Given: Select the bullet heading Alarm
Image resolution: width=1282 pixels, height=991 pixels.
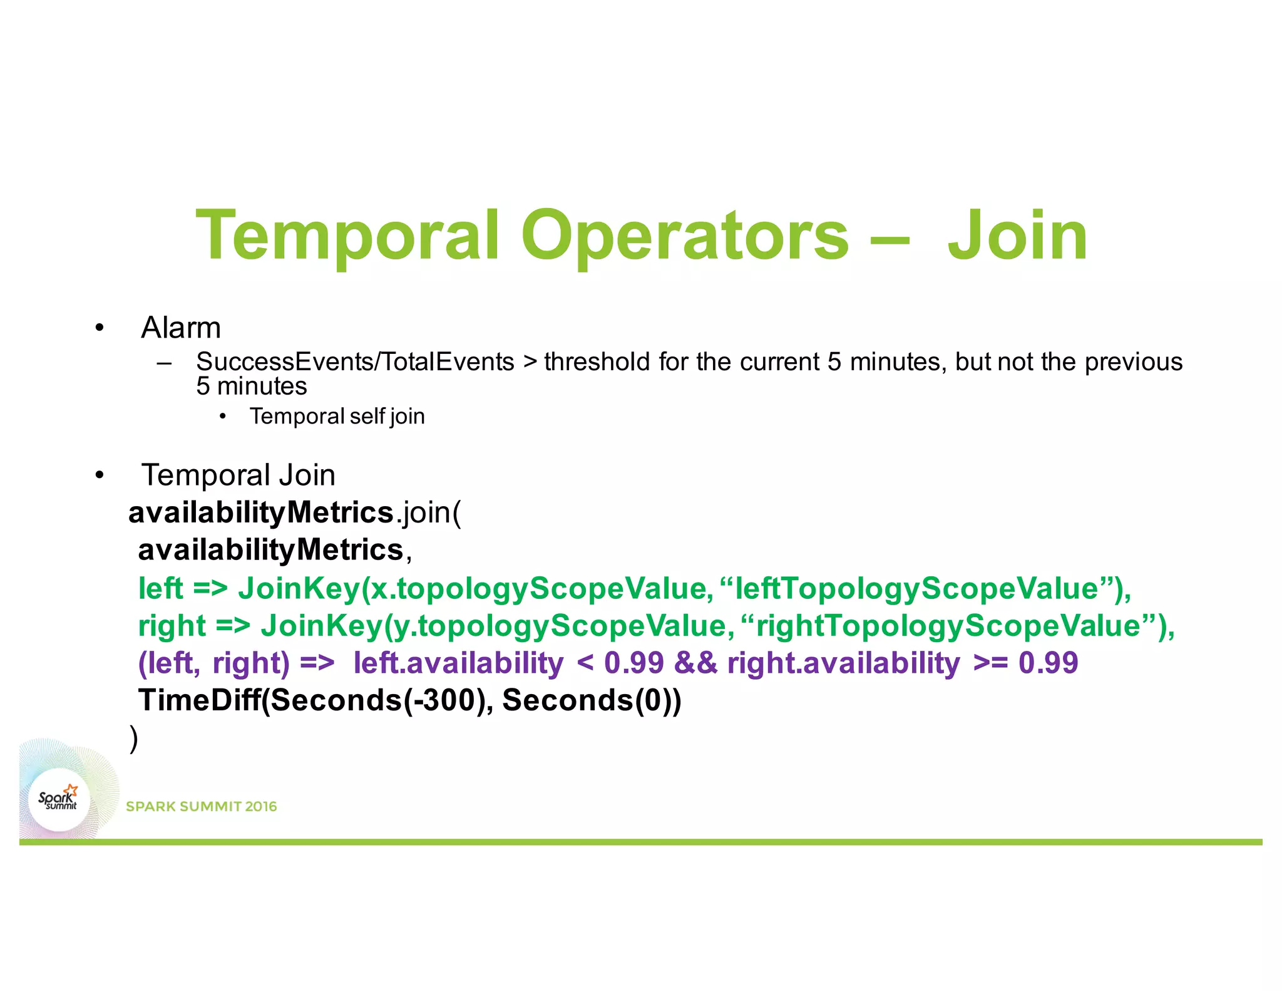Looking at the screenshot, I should [x=181, y=328].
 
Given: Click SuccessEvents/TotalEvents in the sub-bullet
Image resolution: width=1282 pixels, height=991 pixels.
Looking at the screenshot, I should [x=355, y=362].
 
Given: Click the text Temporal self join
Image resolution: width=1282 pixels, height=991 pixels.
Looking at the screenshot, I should [x=337, y=417].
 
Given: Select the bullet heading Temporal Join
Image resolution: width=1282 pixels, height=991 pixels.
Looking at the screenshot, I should [x=238, y=475].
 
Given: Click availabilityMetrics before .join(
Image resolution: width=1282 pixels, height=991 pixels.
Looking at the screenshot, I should [x=261, y=513].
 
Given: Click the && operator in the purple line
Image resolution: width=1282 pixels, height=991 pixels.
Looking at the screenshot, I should [x=695, y=663].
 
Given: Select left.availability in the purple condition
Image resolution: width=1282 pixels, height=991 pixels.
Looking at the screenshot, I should [x=458, y=663].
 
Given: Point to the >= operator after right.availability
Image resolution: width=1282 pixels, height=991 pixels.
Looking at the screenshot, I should [x=990, y=663].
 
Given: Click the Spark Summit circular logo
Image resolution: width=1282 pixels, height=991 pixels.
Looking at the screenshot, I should [x=59, y=800].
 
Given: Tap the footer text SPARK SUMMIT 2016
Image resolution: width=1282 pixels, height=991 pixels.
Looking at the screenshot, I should [x=201, y=806].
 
